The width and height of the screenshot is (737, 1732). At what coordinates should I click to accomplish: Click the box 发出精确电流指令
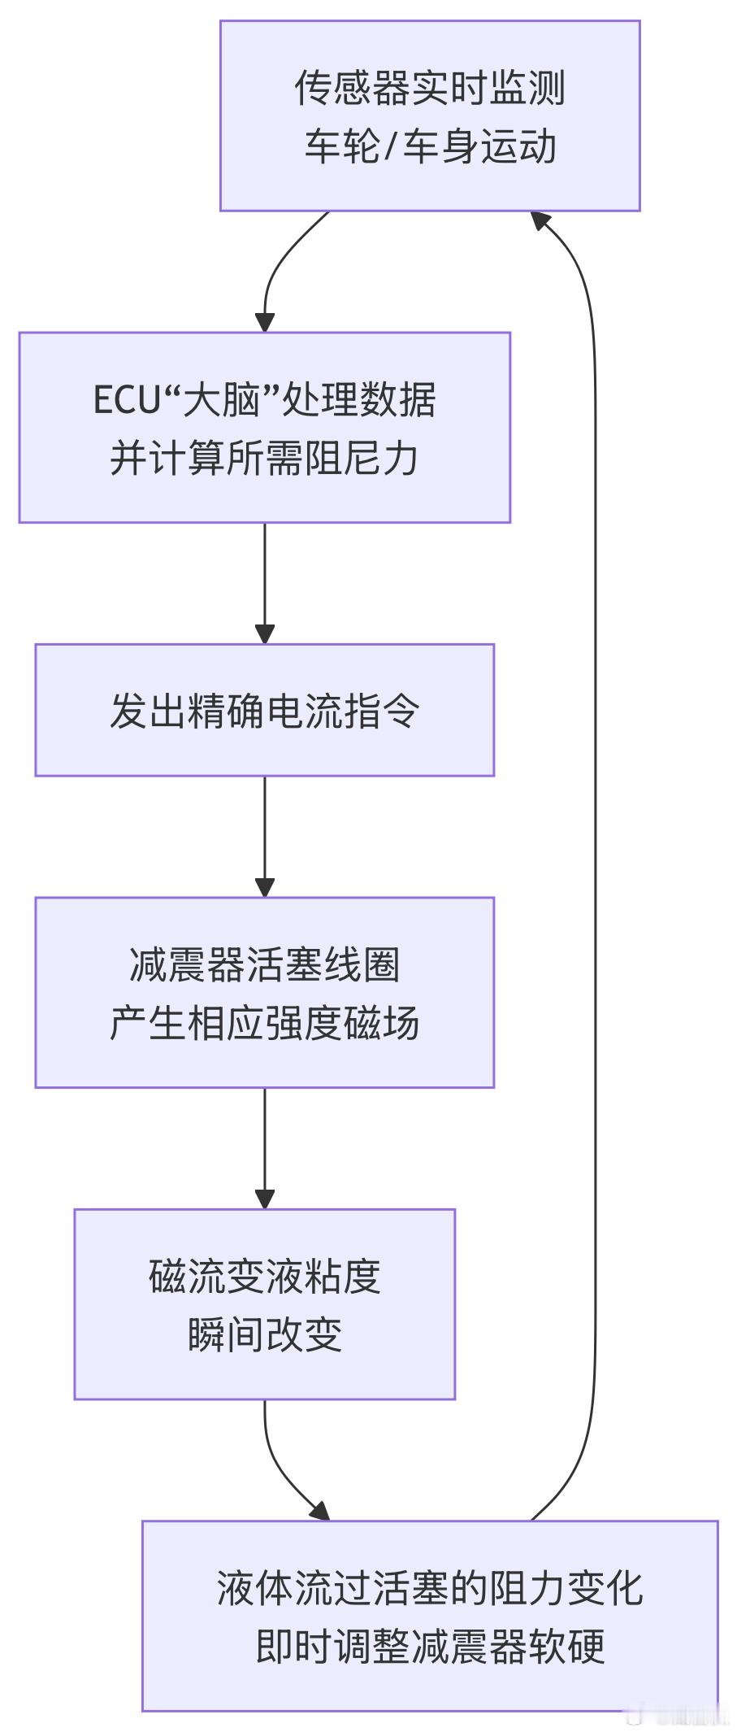click(x=264, y=710)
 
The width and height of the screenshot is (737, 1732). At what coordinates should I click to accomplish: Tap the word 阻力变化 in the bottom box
click(x=567, y=1588)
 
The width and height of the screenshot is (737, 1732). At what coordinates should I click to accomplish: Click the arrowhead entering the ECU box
click(x=265, y=322)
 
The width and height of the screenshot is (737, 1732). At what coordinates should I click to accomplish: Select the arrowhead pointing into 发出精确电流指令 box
click(x=265, y=634)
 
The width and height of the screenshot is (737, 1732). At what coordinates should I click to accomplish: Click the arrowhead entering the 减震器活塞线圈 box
click(x=265, y=887)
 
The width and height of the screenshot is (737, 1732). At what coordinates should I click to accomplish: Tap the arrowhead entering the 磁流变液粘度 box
click(x=265, y=1199)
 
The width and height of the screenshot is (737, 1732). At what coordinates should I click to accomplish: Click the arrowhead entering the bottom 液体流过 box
click(x=321, y=1511)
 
